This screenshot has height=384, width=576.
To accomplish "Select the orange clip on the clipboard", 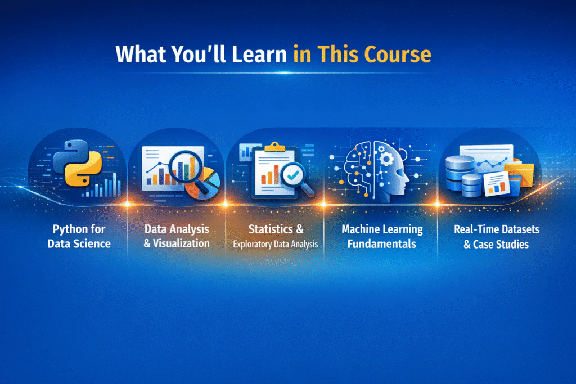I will [274, 147].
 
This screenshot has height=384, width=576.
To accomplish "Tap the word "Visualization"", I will [182, 243].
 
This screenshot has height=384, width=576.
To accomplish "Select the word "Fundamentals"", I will [382, 244].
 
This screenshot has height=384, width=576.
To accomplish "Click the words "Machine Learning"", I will [382, 229].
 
